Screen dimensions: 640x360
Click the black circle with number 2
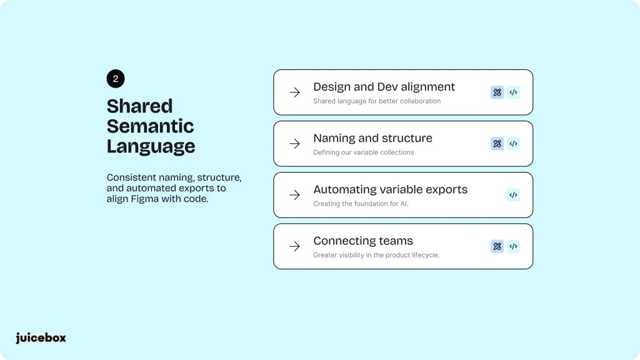116,79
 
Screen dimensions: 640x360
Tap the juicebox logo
41,338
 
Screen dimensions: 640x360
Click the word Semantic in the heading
150,126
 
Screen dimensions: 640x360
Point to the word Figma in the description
144,199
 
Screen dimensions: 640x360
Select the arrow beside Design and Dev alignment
295,92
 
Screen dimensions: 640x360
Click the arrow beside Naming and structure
295,144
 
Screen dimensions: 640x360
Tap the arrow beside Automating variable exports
295,195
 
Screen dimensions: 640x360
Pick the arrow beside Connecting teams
295,246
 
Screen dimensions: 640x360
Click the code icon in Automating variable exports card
514,195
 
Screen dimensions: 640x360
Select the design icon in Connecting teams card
497,246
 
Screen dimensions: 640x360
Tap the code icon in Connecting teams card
514,246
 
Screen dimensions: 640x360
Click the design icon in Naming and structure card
497,144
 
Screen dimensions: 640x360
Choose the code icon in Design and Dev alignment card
514,92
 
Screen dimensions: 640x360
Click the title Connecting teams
363,241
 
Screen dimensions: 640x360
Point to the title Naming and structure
372,138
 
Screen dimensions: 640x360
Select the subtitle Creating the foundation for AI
361,204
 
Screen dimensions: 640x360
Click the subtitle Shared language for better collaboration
377,101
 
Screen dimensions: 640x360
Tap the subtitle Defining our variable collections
364,152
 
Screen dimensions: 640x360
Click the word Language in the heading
151,146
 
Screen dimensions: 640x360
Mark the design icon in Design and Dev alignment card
497,92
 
